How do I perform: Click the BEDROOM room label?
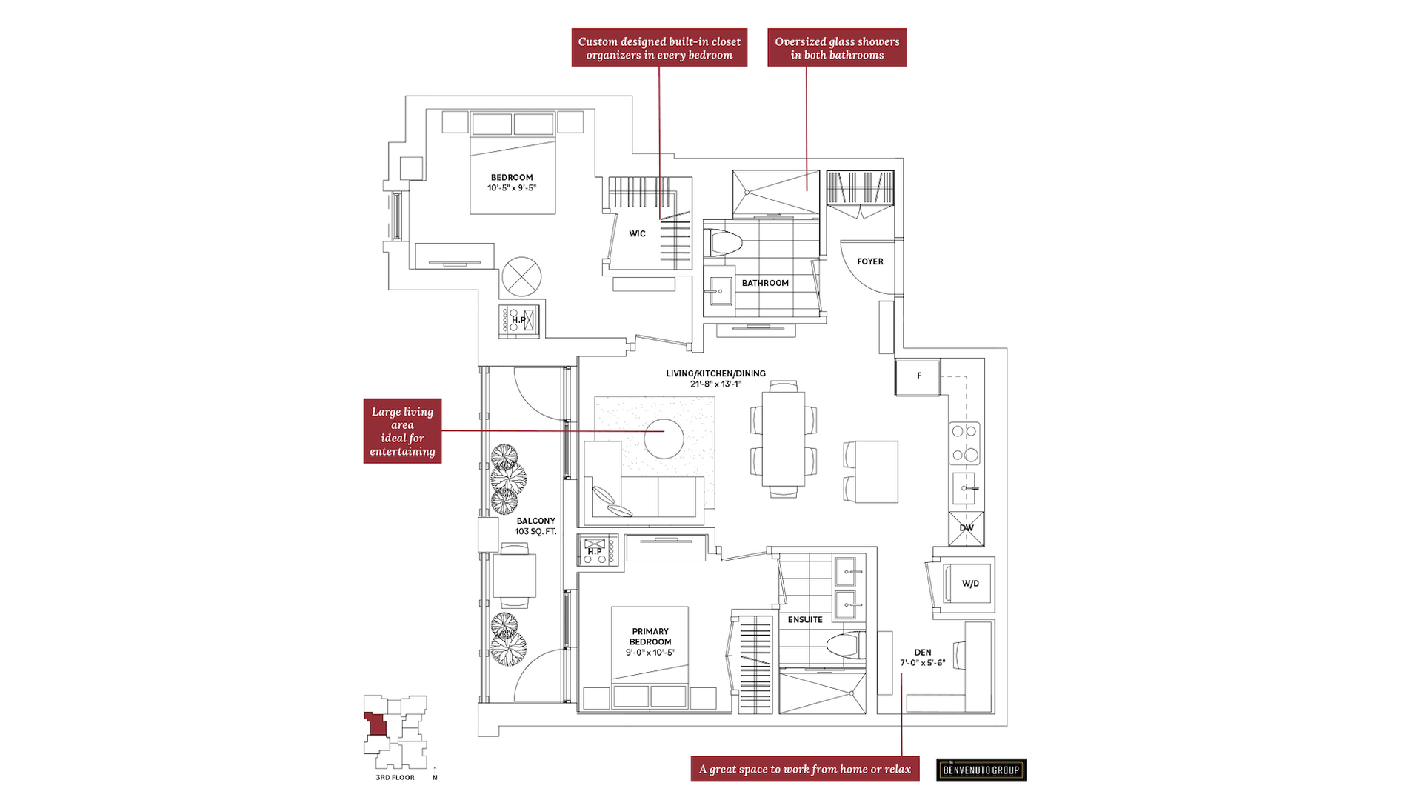[x=512, y=178]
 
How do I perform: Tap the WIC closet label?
[x=638, y=234]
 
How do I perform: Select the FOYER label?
[x=870, y=261]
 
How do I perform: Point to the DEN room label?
[x=923, y=653]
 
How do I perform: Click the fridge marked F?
[x=918, y=377]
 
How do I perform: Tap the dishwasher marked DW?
[x=967, y=528]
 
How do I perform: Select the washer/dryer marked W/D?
[x=967, y=584]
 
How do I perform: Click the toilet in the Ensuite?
[x=846, y=644]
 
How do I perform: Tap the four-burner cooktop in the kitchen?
[x=964, y=443]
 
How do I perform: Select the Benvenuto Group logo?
[x=981, y=770]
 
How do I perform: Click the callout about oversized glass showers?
[x=837, y=47]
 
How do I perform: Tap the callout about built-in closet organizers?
[x=659, y=47]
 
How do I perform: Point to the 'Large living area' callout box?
[x=402, y=431]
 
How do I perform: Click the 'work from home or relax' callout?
[x=805, y=769]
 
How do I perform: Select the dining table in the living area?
[x=783, y=439]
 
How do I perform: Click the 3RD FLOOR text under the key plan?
[x=395, y=778]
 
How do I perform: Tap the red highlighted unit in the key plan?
[x=377, y=724]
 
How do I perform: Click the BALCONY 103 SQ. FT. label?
[x=535, y=527]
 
